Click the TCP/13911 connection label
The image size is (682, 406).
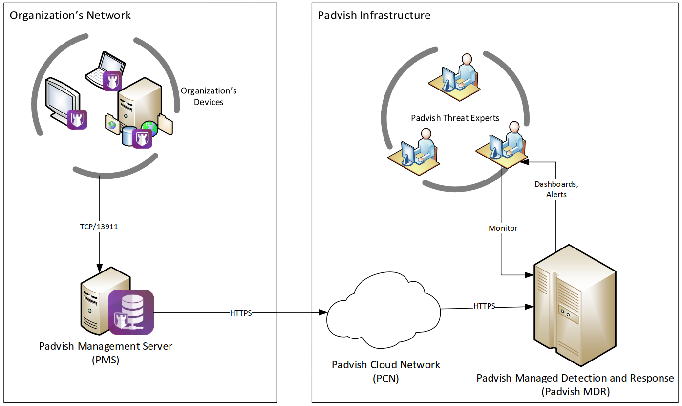point(100,227)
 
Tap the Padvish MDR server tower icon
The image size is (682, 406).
point(574,306)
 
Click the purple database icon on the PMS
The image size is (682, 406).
point(130,312)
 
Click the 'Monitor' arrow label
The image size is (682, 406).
point(503,228)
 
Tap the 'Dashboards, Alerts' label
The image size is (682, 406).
point(556,189)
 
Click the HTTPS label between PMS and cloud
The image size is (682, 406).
point(241,313)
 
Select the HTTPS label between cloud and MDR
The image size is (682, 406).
point(484,306)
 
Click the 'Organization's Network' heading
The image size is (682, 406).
point(70,15)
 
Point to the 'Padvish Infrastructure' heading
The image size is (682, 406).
point(374,15)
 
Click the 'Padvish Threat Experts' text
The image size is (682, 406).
point(455,118)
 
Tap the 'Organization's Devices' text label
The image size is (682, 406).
point(209,96)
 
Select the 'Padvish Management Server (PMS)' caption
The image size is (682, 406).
point(106,353)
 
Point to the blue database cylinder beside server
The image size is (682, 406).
point(129,136)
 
